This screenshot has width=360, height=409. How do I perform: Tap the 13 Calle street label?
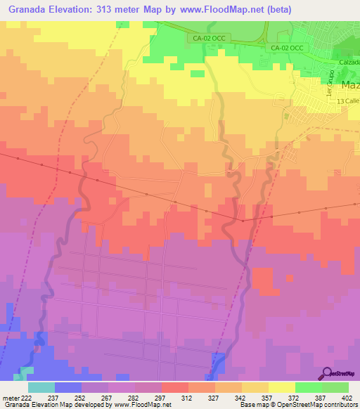tap(347, 103)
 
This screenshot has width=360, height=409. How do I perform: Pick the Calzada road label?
tap(348, 62)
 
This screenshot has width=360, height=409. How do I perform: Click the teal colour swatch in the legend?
tap(41, 387)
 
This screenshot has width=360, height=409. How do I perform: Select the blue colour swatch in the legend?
tap(68, 387)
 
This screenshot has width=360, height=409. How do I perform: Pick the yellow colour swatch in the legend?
tap(282, 387)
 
